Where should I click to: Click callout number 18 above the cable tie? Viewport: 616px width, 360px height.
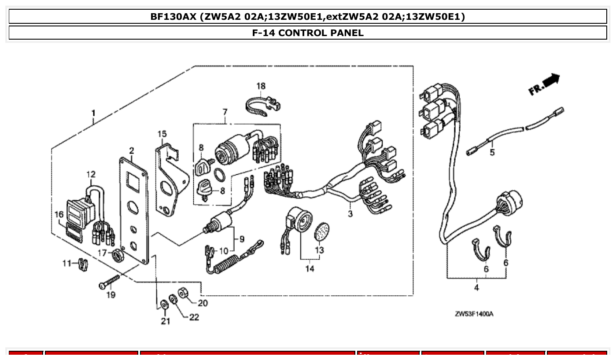[261, 86]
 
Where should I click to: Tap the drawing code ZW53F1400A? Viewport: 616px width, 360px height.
[474, 314]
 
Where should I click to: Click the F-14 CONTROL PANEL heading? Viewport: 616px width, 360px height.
[308, 33]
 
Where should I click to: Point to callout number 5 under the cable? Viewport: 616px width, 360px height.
[492, 152]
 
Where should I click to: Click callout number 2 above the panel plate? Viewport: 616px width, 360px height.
[131, 151]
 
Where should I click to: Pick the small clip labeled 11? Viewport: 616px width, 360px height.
[82, 264]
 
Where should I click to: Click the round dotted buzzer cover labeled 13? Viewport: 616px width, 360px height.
[322, 231]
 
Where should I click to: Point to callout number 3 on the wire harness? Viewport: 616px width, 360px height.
[350, 214]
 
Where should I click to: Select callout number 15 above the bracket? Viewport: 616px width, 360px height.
[162, 133]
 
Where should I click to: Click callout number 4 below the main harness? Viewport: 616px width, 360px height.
[476, 288]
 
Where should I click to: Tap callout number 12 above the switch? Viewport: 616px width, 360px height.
[91, 175]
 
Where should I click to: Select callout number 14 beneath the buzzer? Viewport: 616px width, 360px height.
[310, 268]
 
